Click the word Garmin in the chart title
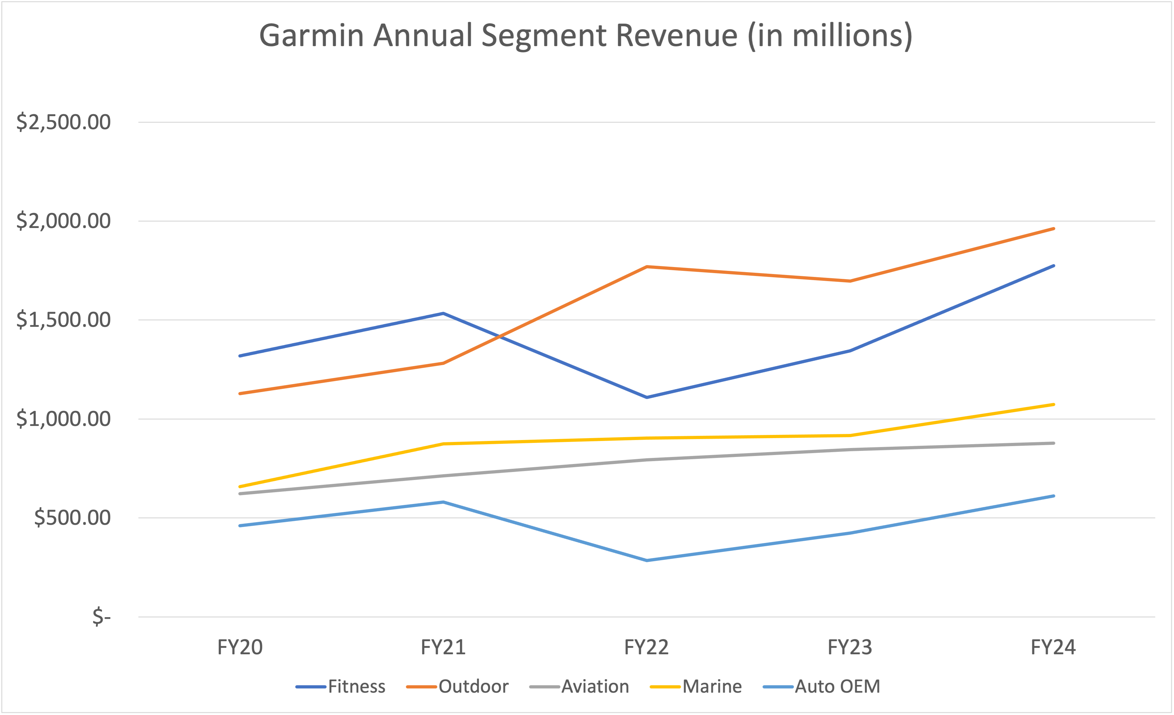pyautogui.click(x=311, y=36)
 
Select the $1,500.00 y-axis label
pyautogui.click(x=63, y=320)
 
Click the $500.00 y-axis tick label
pyautogui.click(x=72, y=518)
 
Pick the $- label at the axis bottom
pyautogui.click(x=101, y=617)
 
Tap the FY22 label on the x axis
pyautogui.click(x=647, y=647)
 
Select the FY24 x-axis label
pyautogui.click(x=1053, y=647)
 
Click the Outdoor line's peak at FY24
pyautogui.click(x=1053, y=229)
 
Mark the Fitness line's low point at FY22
pyautogui.click(x=647, y=397)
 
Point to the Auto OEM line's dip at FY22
pyautogui.click(x=647, y=560)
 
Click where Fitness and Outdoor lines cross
pyautogui.click(x=498, y=337)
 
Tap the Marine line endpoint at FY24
pyautogui.click(x=1053, y=405)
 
